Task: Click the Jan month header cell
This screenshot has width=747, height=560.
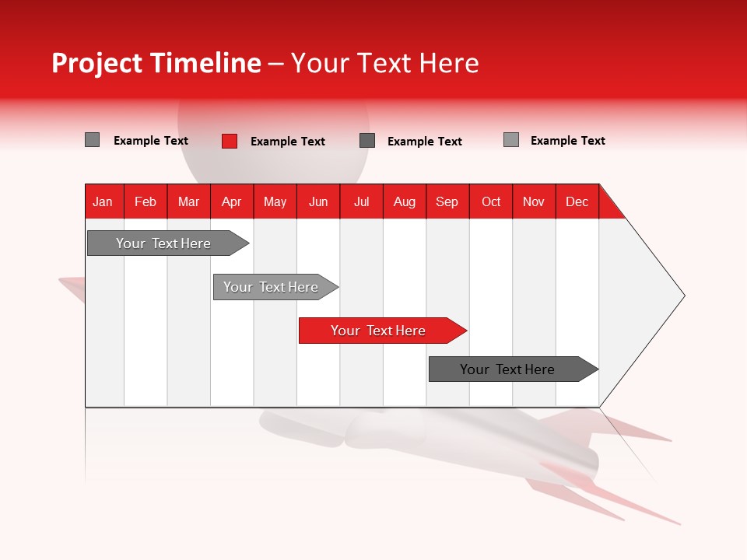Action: [x=103, y=201]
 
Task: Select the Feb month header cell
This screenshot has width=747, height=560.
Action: [x=146, y=201]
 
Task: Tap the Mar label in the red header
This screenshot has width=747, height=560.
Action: [x=188, y=201]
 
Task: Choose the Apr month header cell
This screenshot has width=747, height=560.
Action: [x=232, y=201]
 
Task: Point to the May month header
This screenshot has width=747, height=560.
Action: [x=275, y=201]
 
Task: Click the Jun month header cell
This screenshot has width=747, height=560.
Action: [x=318, y=201]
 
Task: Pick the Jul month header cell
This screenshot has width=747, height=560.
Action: [x=361, y=201]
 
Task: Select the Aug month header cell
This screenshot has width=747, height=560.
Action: [x=405, y=201]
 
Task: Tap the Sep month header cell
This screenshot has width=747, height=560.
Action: [x=447, y=201]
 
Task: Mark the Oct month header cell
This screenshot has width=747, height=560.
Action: [x=491, y=201]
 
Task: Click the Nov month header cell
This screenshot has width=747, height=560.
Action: [x=534, y=201]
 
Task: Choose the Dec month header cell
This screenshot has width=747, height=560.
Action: [x=577, y=201]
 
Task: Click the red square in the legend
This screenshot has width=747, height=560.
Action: [x=230, y=141]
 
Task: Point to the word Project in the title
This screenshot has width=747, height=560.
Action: [x=97, y=63]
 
